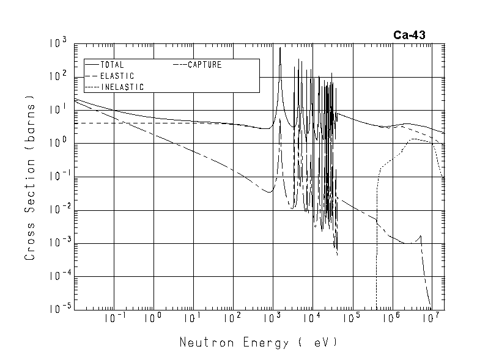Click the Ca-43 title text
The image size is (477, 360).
[409, 35]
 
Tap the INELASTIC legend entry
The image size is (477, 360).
[122, 87]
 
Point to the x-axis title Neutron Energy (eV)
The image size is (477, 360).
[258, 342]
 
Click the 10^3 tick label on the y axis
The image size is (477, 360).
[58, 44]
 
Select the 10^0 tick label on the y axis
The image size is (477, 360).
[58, 144]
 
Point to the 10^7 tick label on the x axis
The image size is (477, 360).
[431, 319]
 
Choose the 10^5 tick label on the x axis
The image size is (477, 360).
[352, 319]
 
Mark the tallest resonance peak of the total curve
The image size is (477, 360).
[280, 48]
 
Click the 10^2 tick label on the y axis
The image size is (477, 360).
[58, 77]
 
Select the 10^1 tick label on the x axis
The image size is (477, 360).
[193, 319]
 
